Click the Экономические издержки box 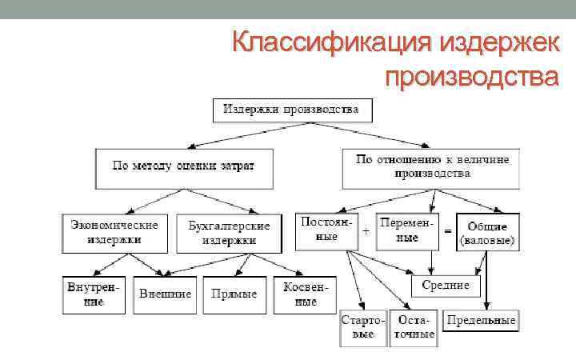click(114, 231)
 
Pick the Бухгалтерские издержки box click(229, 233)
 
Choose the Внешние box click(165, 294)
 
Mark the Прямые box click(234, 294)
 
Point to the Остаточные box click(414, 327)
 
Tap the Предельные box click(482, 321)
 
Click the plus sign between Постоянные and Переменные click(366, 230)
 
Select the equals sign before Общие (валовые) click(448, 230)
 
